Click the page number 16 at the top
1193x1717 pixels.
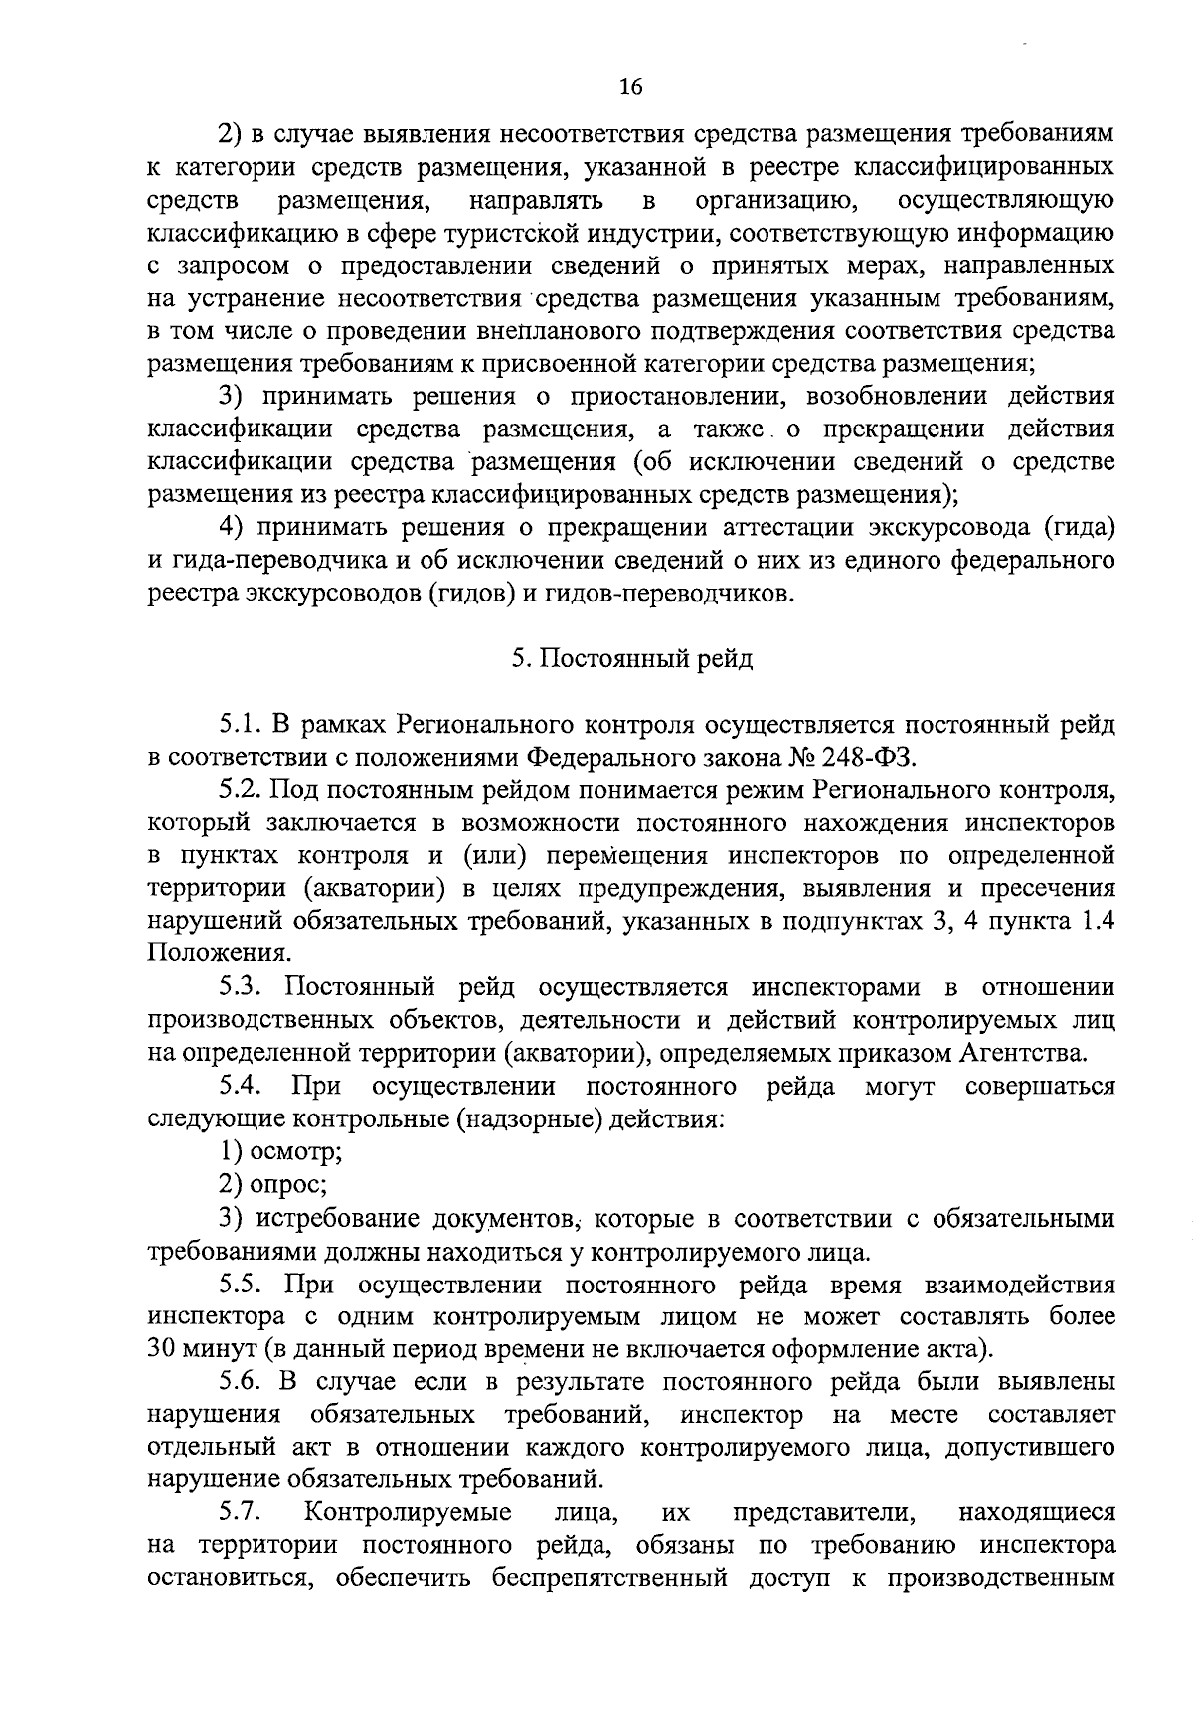pyautogui.click(x=631, y=86)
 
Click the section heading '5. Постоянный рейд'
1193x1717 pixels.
pyautogui.click(x=631, y=660)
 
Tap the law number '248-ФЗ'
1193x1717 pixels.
pyautogui.click(x=863, y=758)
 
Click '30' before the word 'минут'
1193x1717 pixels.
pyautogui.click(x=163, y=1349)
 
